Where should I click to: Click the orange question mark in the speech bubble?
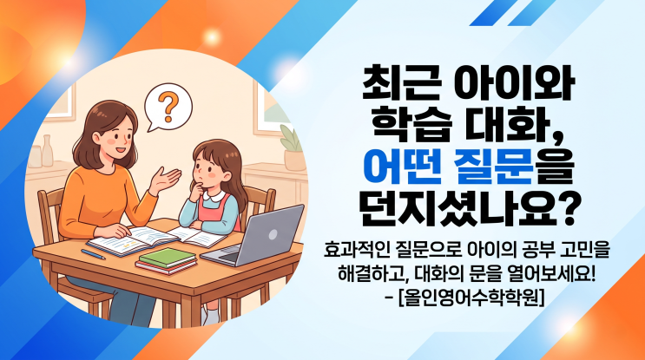(x=168, y=107)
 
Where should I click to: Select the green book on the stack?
(x=168, y=258)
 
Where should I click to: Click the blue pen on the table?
(x=93, y=254)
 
